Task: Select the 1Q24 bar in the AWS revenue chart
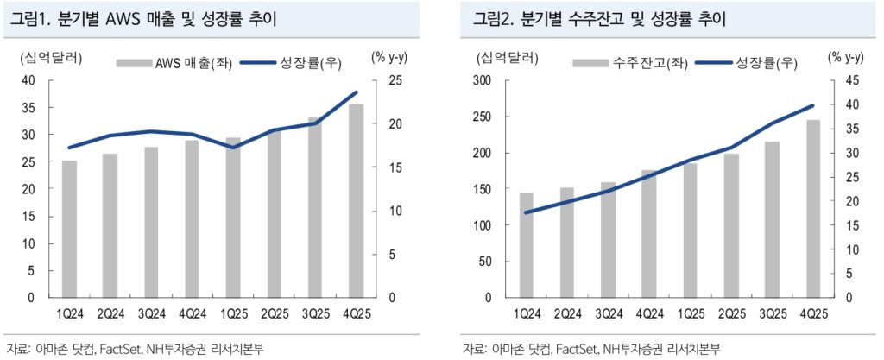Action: pyautogui.click(x=69, y=229)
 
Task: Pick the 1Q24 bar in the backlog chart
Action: pyautogui.click(x=526, y=246)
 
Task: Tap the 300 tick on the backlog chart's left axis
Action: pyautogui.click(x=481, y=80)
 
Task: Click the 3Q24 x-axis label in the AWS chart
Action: pyautogui.click(x=151, y=313)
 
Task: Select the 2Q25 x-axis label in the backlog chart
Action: pyautogui.click(x=730, y=313)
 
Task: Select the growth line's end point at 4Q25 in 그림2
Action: pyautogui.click(x=812, y=106)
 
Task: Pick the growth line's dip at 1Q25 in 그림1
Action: pyautogui.click(x=233, y=147)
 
